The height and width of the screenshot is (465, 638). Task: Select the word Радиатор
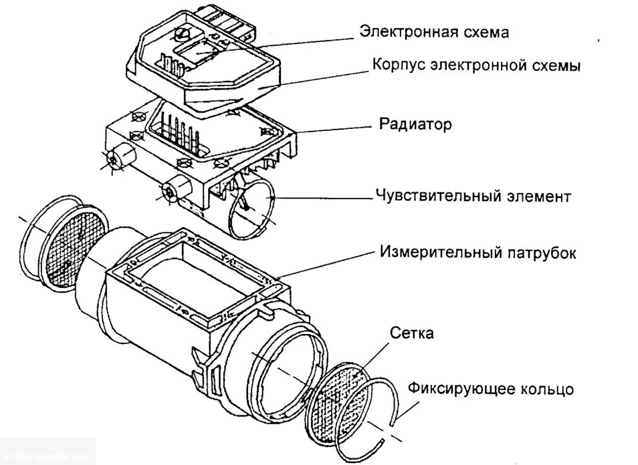pyautogui.click(x=415, y=124)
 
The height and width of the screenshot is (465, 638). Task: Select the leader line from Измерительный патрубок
pyautogui.click(x=328, y=264)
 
